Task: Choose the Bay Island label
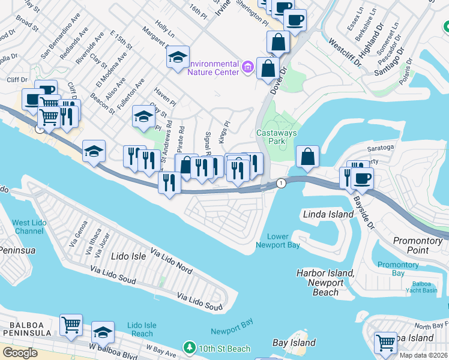point(294,343)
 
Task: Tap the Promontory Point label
point(418,245)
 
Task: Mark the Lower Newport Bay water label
point(277,241)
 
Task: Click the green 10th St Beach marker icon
point(190,348)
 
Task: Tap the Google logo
point(20,353)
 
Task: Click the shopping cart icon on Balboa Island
point(385,343)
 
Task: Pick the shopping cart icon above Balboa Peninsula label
point(71,325)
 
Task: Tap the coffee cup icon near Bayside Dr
point(363,178)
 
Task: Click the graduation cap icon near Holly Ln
point(178,57)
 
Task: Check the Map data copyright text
point(424,355)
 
